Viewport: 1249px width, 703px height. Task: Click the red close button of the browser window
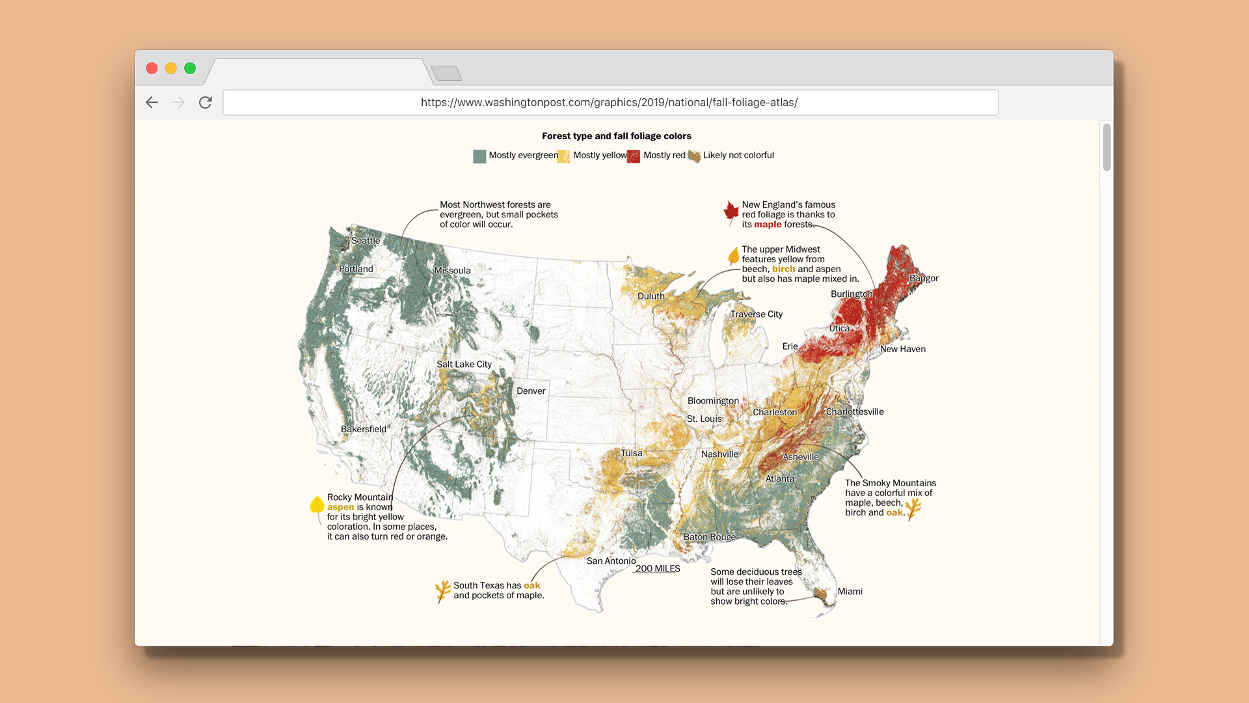(x=152, y=68)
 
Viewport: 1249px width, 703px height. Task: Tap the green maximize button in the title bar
(x=190, y=68)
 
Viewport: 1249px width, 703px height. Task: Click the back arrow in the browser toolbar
(x=152, y=102)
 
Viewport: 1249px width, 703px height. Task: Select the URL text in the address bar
(x=609, y=102)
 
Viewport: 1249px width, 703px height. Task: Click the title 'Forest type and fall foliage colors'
(x=616, y=136)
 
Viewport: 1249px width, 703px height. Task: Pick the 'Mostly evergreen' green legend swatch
(x=479, y=156)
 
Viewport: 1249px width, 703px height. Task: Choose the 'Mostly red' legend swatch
(x=634, y=156)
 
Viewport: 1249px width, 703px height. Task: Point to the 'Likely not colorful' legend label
(x=738, y=155)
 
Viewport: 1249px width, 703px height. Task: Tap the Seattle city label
(x=366, y=240)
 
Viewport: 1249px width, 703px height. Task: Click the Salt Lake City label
(x=464, y=364)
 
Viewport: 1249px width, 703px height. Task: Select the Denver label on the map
(x=531, y=391)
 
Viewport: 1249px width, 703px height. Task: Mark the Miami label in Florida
(x=850, y=591)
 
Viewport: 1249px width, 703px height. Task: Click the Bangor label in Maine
(x=924, y=278)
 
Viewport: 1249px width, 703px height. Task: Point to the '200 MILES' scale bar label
(x=658, y=568)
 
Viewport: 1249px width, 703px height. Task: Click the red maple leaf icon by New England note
(x=731, y=211)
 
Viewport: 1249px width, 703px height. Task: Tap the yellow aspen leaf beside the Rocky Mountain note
(x=317, y=505)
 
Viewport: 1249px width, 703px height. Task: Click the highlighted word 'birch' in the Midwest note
(x=783, y=269)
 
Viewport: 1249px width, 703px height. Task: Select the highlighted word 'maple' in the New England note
(x=768, y=224)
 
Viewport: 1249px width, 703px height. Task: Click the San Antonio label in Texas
(x=611, y=560)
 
